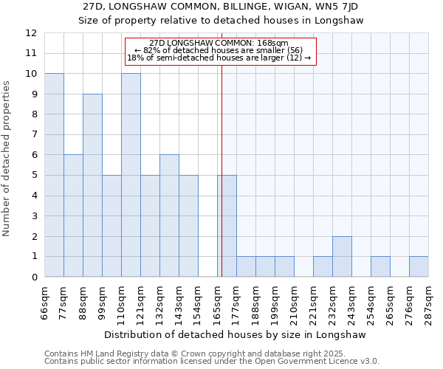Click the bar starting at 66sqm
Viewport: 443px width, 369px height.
click(54, 175)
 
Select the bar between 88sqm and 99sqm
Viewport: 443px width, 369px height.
click(92, 185)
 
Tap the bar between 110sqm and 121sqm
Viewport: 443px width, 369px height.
click(131, 175)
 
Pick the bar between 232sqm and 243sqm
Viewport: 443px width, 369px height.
click(342, 256)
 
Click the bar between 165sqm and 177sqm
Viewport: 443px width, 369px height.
click(227, 226)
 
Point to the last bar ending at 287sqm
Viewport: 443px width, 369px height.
click(419, 266)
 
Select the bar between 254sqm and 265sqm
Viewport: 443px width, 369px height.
click(380, 266)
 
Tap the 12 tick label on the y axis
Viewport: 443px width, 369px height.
click(31, 33)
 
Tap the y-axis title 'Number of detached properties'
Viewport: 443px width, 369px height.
click(7, 159)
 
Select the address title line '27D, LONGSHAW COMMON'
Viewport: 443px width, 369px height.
click(221, 7)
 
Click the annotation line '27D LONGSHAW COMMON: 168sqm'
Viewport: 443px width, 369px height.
click(219, 44)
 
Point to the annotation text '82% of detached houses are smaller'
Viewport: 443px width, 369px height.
click(219, 50)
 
